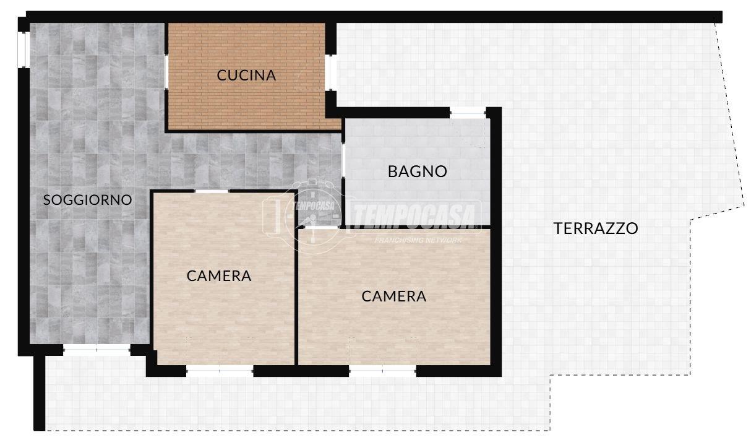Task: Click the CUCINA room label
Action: click(246, 75)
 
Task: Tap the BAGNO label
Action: click(418, 171)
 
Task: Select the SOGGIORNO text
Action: click(87, 200)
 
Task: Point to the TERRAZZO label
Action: click(596, 228)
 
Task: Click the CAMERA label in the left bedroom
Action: click(219, 276)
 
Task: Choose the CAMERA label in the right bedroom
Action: click(394, 296)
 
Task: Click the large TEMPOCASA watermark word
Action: click(416, 215)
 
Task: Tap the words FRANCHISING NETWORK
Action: click(418, 240)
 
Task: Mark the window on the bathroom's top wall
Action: click(468, 113)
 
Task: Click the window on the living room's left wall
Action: click(24, 50)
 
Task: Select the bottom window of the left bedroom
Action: click(220, 371)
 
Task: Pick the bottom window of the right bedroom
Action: click(382, 371)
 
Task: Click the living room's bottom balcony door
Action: click(97, 350)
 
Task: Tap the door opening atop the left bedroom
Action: click(212, 191)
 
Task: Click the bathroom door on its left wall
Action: click(343, 160)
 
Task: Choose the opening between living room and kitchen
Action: click(166, 72)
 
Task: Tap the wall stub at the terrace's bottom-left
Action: click(39, 393)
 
